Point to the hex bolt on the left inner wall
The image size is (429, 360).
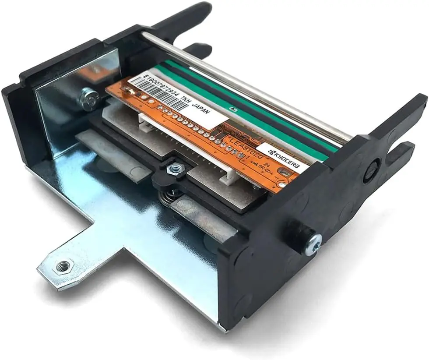pos(89,99)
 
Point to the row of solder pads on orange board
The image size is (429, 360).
pos(197,127)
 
